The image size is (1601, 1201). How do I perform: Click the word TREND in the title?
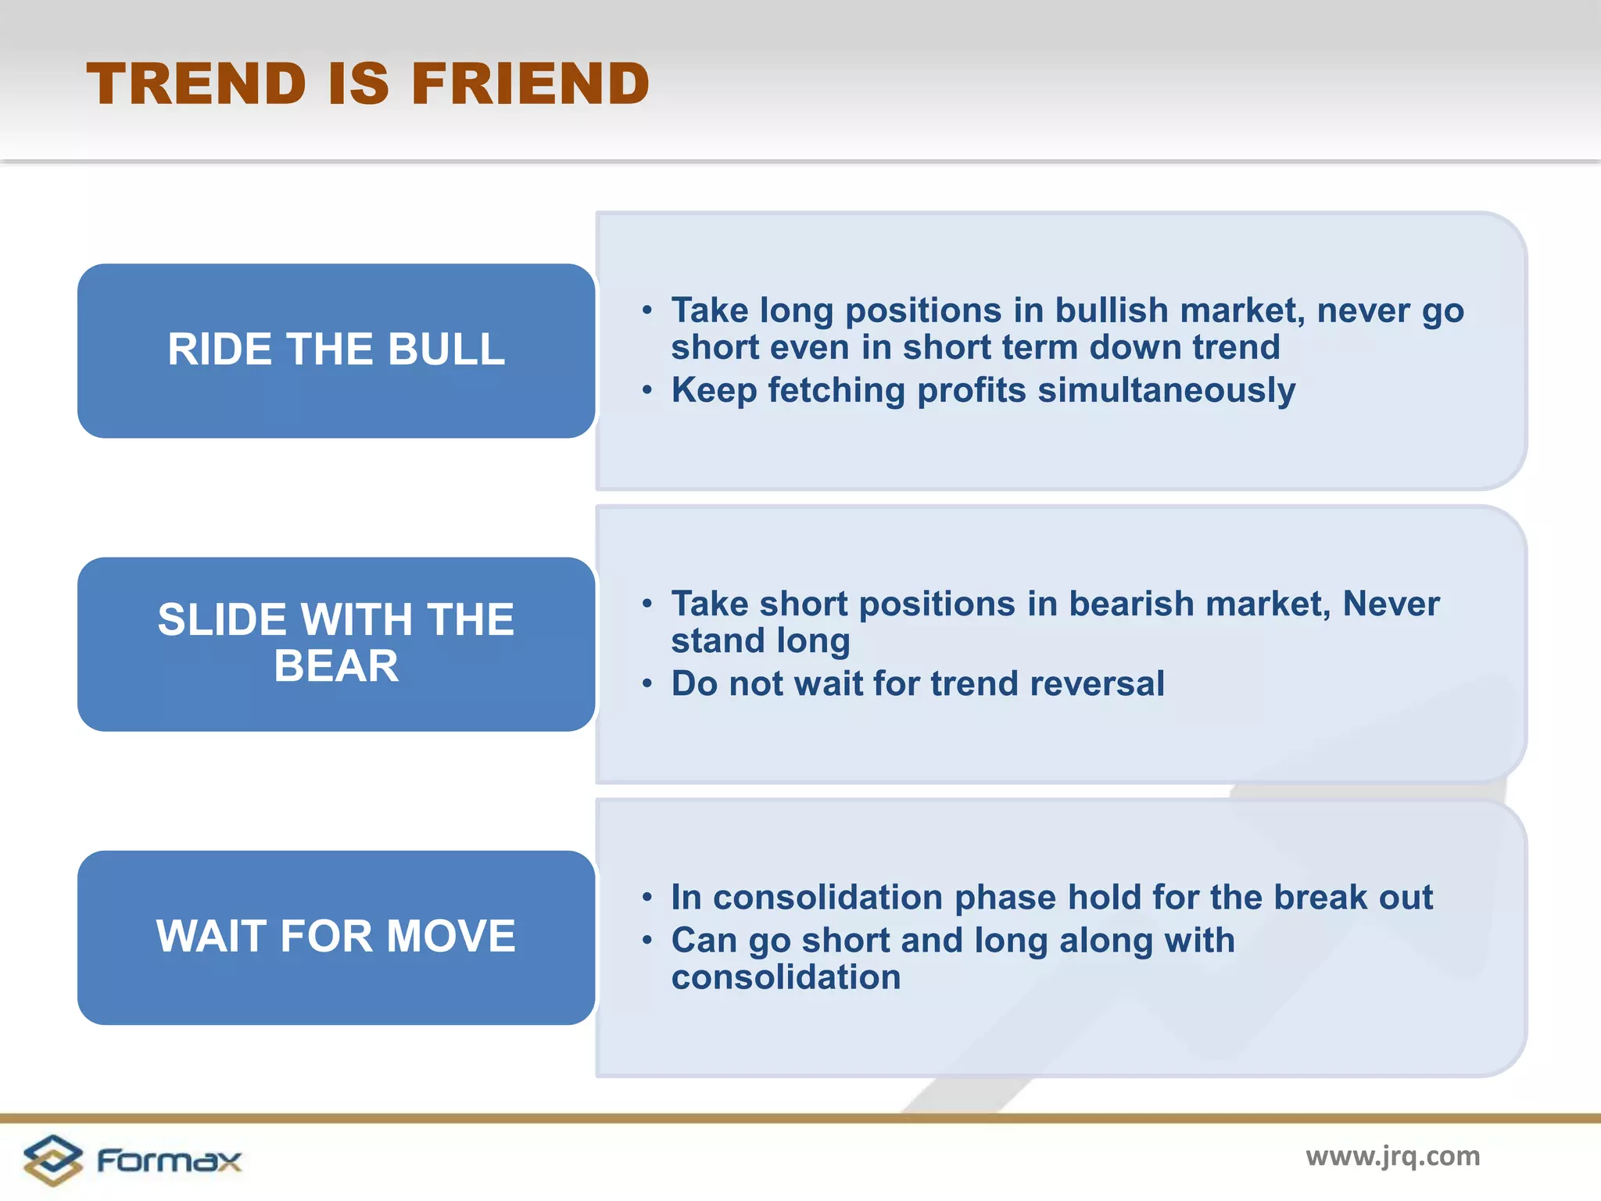click(x=196, y=84)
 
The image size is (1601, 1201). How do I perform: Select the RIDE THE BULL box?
click(x=336, y=350)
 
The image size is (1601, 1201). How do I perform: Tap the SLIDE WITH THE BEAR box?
click(x=336, y=644)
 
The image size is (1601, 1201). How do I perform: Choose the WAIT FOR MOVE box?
click(x=336, y=937)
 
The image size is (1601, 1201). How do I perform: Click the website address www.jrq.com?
click(x=1392, y=1156)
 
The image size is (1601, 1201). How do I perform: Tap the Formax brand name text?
click(x=169, y=1160)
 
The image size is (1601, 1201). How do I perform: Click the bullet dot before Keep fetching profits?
click(x=646, y=390)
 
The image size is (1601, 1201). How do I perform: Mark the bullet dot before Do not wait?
click(x=646, y=684)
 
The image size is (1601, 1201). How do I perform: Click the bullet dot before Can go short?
click(x=646, y=941)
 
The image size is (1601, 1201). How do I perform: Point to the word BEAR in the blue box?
click(x=336, y=666)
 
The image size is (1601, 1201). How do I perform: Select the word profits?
click(x=971, y=390)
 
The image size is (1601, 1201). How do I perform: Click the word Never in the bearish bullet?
click(x=1391, y=604)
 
